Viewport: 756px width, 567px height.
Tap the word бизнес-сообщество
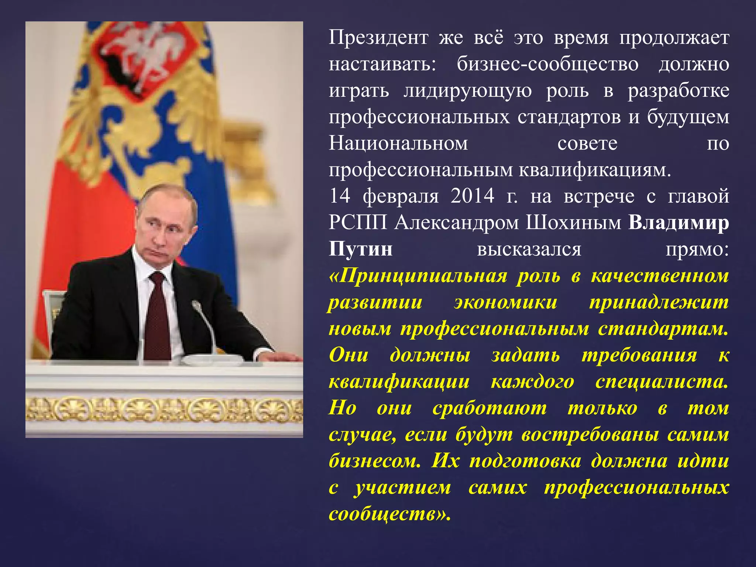coord(547,64)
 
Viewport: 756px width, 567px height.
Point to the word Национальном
coord(398,144)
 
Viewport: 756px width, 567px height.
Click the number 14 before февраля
coord(339,196)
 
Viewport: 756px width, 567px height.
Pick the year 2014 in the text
coord(472,196)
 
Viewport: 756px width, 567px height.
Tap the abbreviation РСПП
coord(358,223)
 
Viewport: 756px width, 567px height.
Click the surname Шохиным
coord(573,223)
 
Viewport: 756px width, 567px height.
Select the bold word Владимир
coord(678,223)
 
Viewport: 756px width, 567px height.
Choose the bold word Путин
coord(360,249)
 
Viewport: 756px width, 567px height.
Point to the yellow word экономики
coord(505,302)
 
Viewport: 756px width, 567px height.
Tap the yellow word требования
coord(639,355)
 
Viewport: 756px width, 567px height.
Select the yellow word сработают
coord(489,409)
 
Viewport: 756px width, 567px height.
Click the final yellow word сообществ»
coord(389,514)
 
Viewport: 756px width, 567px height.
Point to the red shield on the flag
coord(148,55)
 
